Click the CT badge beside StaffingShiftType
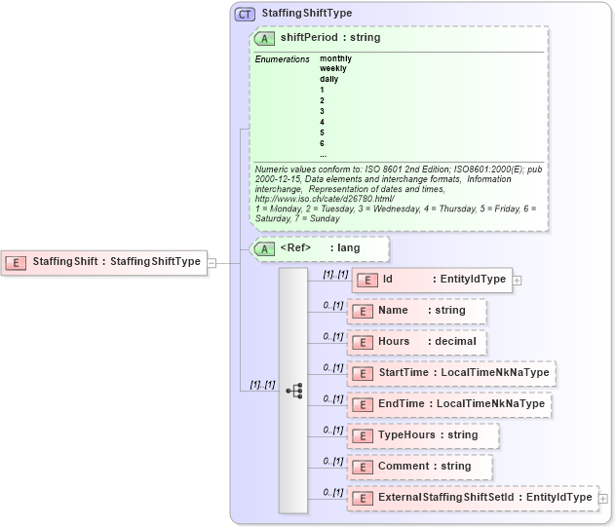245,14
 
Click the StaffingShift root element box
105,261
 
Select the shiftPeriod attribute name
307,38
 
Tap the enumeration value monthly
335,58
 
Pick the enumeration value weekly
332,68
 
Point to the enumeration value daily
329,79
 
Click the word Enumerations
283,59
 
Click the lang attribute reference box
320,248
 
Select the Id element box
432,280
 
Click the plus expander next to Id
517,281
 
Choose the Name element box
416,311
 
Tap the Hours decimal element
416,342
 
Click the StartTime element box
451,373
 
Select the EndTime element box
449,403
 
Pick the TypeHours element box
423,434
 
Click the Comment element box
419,466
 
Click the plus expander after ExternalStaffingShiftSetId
603,498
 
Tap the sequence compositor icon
293,390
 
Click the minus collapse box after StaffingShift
212,261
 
